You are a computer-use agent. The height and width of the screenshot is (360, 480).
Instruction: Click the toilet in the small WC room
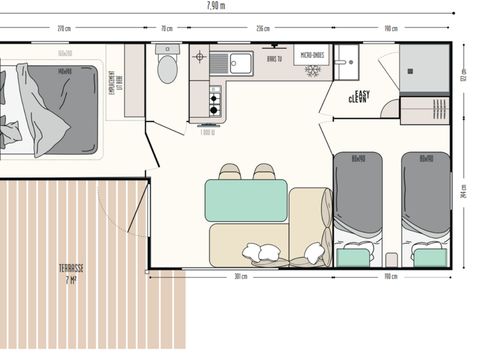click(168, 69)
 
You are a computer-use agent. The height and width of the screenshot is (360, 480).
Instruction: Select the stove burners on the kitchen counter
click(213, 96)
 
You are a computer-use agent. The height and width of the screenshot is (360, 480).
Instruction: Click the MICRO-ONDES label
click(311, 57)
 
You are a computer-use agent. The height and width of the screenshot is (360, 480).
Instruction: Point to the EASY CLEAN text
click(360, 97)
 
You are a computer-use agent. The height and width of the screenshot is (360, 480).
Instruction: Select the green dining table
click(246, 199)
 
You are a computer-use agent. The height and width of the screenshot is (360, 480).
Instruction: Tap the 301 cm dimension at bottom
click(240, 276)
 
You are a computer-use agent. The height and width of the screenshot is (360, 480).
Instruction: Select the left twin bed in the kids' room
click(357, 205)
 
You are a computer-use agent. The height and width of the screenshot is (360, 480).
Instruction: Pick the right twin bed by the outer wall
click(426, 205)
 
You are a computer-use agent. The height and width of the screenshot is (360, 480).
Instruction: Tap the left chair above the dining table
click(230, 172)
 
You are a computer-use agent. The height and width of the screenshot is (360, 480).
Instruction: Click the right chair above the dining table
click(263, 172)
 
